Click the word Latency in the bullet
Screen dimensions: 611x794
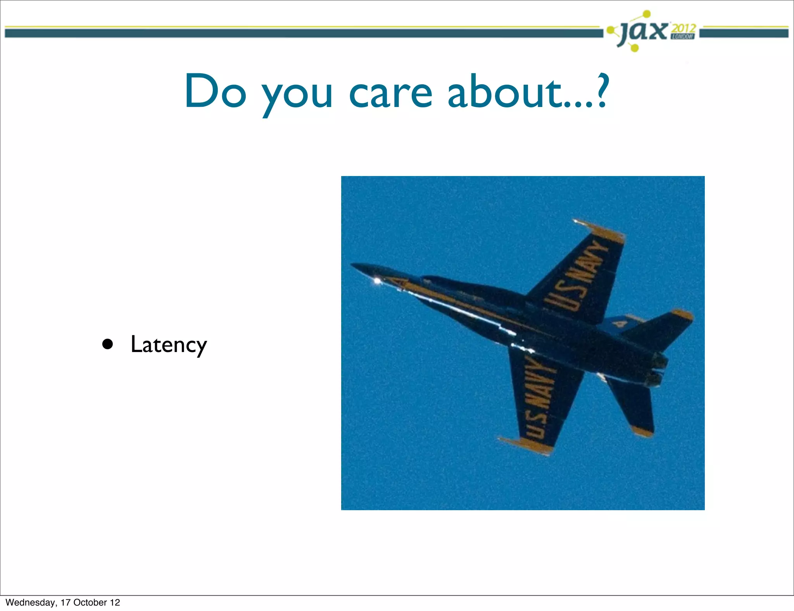coord(169,344)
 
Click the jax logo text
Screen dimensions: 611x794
coord(644,32)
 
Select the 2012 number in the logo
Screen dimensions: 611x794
coord(684,28)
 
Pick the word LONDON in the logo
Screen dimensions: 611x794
coord(683,37)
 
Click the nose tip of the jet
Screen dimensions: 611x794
coord(352,265)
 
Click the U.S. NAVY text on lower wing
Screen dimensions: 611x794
coord(537,397)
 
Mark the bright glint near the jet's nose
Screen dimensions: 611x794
coord(376,280)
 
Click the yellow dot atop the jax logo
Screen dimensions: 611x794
coord(646,14)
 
